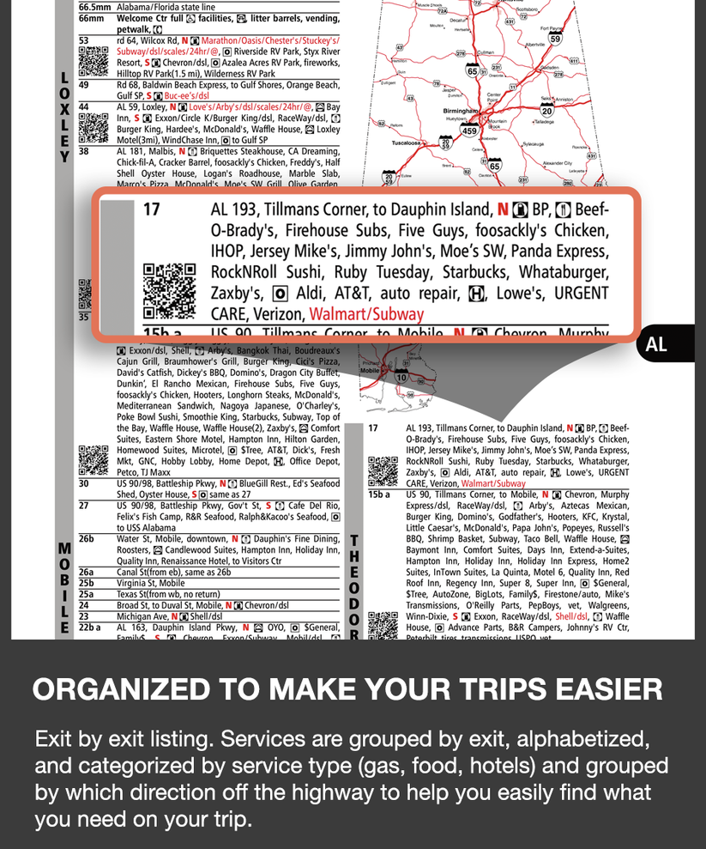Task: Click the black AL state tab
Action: [657, 344]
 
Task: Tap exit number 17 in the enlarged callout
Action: [151, 209]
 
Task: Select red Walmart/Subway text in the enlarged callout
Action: [366, 314]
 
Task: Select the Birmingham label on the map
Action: [461, 112]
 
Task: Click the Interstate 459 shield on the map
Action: [469, 130]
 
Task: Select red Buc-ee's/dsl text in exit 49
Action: [186, 96]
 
